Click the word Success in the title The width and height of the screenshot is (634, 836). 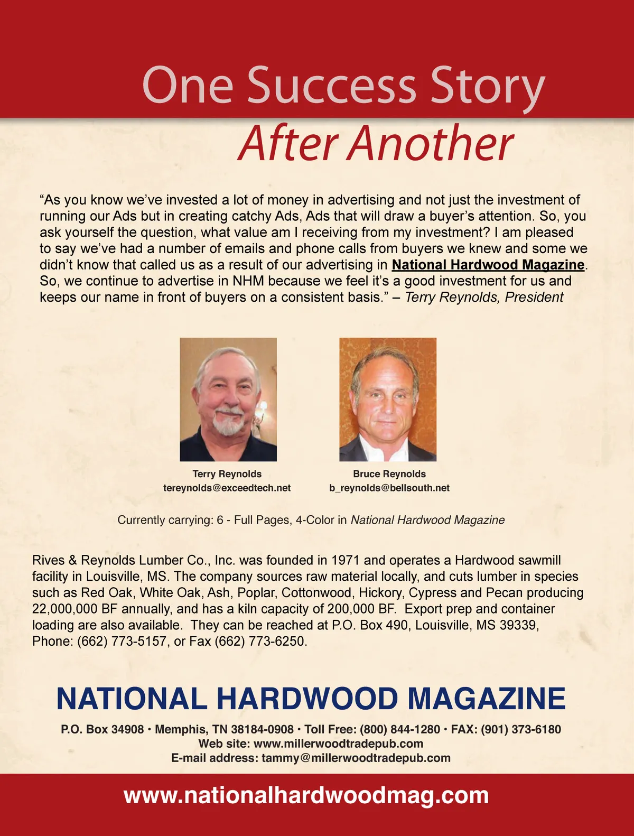point(331,85)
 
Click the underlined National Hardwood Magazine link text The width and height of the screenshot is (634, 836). point(488,264)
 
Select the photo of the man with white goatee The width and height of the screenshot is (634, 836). point(228,400)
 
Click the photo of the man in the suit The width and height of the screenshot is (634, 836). point(388,400)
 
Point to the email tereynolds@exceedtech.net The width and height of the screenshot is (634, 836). point(227,488)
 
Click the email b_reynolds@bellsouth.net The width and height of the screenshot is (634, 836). point(389,488)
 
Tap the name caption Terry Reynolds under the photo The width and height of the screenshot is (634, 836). point(227,474)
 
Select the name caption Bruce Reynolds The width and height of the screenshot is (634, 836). point(389,474)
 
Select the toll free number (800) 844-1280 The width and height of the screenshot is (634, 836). point(400,729)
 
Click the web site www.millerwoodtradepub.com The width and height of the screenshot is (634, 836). point(338,744)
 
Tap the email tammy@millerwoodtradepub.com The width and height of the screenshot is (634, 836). point(356,758)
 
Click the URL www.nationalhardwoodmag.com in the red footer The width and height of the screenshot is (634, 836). point(306,795)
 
